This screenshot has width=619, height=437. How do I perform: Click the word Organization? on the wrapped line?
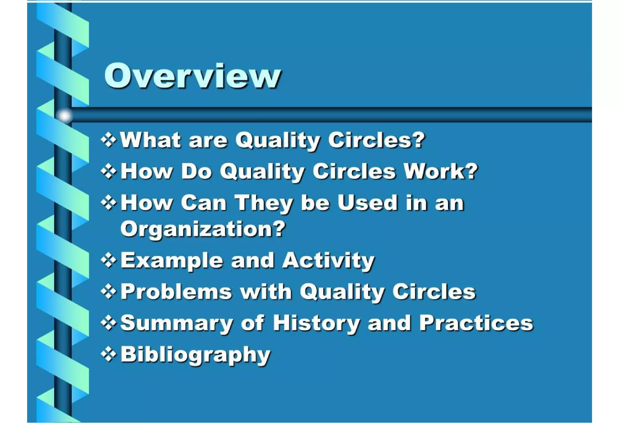tap(203, 229)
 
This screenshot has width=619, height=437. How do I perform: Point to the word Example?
tap(172, 261)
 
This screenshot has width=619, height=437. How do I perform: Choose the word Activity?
tap(328, 261)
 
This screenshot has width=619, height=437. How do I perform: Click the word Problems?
tap(176, 292)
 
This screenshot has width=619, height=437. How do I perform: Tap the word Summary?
tap(177, 323)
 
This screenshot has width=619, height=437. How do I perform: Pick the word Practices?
tap(476, 323)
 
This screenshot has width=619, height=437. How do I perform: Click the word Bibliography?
tap(195, 355)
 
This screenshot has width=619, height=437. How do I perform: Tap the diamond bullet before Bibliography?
tap(109, 354)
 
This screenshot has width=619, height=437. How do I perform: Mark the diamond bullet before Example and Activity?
tap(109, 260)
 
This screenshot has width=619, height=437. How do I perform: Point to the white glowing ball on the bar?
tap(64, 116)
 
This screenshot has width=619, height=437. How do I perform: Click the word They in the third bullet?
tap(264, 203)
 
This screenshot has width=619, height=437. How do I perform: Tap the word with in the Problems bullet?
tap(266, 292)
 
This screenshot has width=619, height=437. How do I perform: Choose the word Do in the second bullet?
tap(196, 171)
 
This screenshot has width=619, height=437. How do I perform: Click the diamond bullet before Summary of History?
tap(109, 323)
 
